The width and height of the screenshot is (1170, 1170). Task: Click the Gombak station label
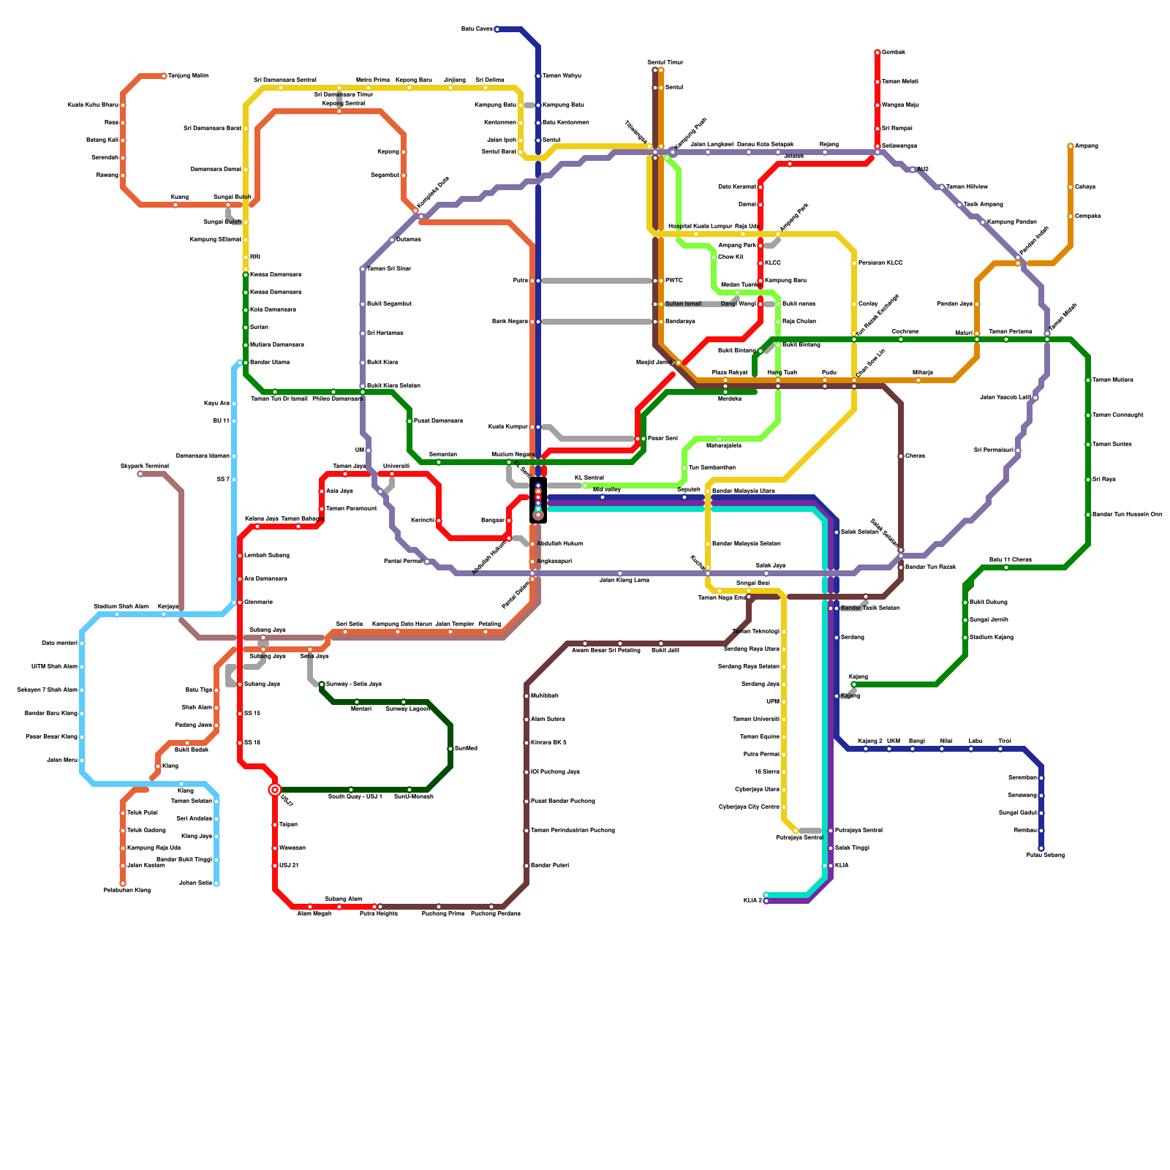(x=893, y=53)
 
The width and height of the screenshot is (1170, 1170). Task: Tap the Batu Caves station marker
(x=497, y=29)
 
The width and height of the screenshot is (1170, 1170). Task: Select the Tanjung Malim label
(x=188, y=76)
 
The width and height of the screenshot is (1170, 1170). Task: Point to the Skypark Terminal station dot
(x=140, y=474)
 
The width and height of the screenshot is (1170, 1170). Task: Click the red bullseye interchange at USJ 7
(x=275, y=790)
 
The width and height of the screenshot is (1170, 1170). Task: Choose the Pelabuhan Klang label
(x=127, y=891)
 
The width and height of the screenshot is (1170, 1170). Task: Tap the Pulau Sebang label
(x=1045, y=856)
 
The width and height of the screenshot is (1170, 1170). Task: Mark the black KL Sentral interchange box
(x=538, y=500)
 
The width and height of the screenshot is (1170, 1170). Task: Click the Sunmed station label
(x=466, y=749)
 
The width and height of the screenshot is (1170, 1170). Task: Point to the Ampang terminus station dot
(x=1071, y=146)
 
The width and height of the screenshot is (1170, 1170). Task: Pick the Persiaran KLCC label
(x=880, y=263)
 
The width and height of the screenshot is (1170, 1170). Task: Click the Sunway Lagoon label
(x=407, y=709)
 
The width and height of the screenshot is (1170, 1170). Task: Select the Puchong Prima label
(x=443, y=914)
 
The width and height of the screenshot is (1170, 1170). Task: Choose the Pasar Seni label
(x=663, y=439)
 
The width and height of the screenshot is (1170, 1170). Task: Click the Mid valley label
(x=606, y=490)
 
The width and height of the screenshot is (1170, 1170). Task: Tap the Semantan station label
(x=442, y=455)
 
